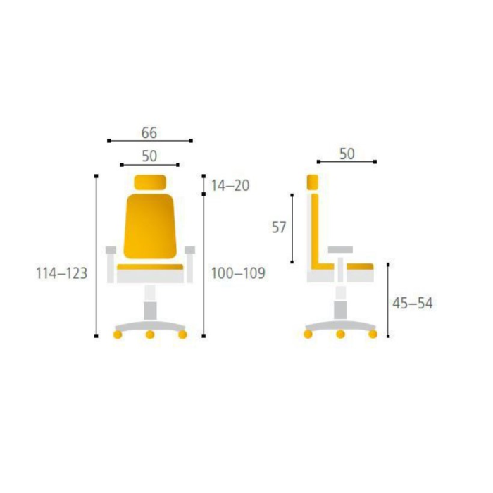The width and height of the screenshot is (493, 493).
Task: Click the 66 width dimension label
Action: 149,132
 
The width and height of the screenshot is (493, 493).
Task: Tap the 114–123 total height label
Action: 62,273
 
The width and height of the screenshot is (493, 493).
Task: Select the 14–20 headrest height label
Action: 230,185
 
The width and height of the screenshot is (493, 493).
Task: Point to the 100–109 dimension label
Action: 238,273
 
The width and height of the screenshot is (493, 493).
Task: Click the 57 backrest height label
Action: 279,227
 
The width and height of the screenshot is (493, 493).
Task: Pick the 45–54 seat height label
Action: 413,304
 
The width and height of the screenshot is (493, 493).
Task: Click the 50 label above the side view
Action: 347,154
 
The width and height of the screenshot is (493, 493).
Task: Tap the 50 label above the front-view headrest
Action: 149,156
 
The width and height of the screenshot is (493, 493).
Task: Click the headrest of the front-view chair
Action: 150,182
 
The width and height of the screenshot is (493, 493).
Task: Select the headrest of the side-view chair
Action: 313,182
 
